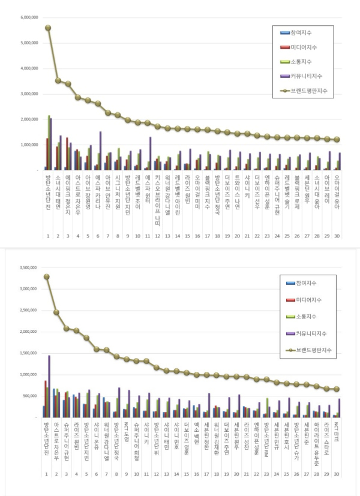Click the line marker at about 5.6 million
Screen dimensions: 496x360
[x=48, y=28]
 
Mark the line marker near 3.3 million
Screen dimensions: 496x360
[x=47, y=276]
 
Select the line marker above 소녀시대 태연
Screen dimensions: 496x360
[x=58, y=80]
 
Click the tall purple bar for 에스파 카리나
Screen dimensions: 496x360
[x=100, y=150]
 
